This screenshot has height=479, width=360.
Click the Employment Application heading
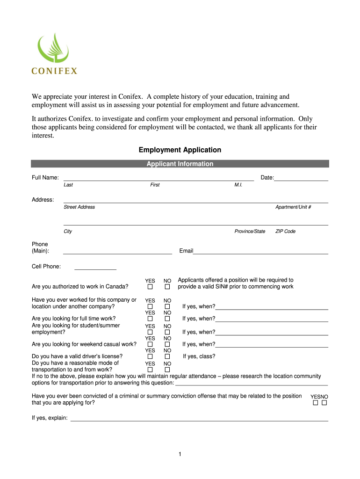(180, 150)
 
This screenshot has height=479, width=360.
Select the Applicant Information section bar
(180, 164)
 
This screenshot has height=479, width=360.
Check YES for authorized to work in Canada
(150, 287)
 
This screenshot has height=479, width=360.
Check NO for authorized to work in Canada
(167, 287)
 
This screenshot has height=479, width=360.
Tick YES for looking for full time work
(150, 319)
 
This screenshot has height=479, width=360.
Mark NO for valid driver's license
(167, 356)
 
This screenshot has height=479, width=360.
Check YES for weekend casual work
(150, 344)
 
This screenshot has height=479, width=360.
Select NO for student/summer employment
(167, 332)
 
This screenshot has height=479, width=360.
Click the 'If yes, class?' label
(199, 356)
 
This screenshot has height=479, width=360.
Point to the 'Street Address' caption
(79, 207)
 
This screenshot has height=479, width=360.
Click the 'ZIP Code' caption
(285, 232)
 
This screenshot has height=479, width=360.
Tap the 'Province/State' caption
(250, 232)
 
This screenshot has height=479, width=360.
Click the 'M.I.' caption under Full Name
(238, 185)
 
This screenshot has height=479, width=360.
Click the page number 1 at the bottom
(180, 454)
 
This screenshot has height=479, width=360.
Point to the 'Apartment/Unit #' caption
(293, 207)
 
